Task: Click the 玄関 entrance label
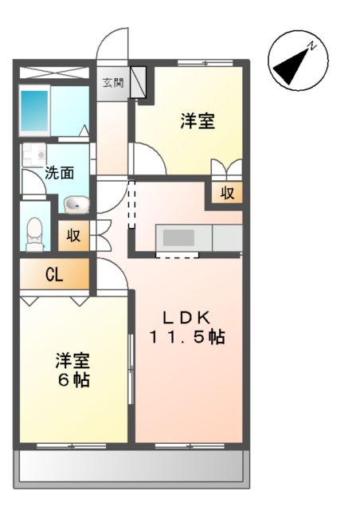(112, 81)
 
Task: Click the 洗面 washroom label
(59, 171)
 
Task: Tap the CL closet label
(54, 276)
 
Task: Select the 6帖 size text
(72, 380)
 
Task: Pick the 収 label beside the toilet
(73, 235)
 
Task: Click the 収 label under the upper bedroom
(227, 192)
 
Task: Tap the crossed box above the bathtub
(53, 73)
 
